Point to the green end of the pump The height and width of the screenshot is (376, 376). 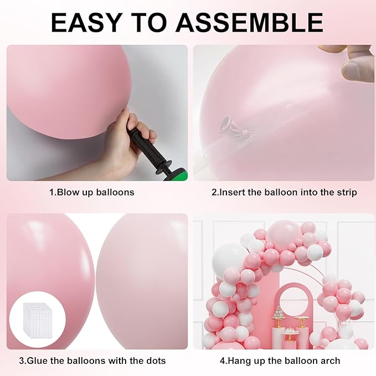[181, 176]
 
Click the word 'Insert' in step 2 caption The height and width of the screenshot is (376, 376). [234, 192]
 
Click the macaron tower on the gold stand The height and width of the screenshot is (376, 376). [279, 320]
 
